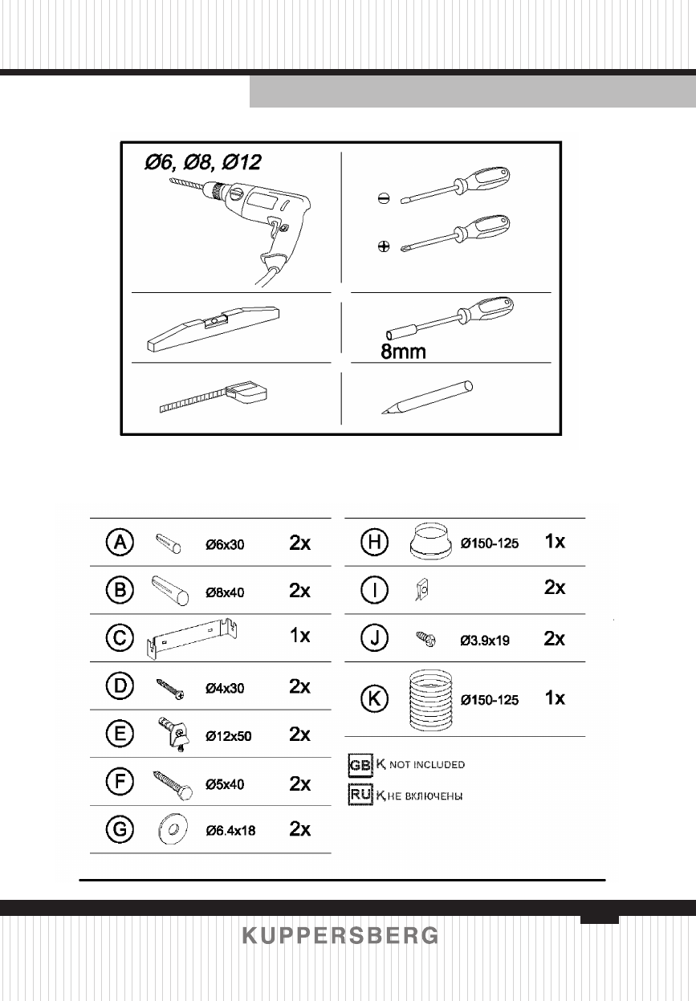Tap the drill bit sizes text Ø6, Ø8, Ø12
202,161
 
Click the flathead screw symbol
384,201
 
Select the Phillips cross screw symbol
384,246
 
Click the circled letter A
120,543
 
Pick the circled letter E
120,734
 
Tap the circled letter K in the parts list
373,699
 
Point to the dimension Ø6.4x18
230,831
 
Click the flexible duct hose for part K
430,700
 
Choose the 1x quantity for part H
554,543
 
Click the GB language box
360,765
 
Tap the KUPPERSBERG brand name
340,936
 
